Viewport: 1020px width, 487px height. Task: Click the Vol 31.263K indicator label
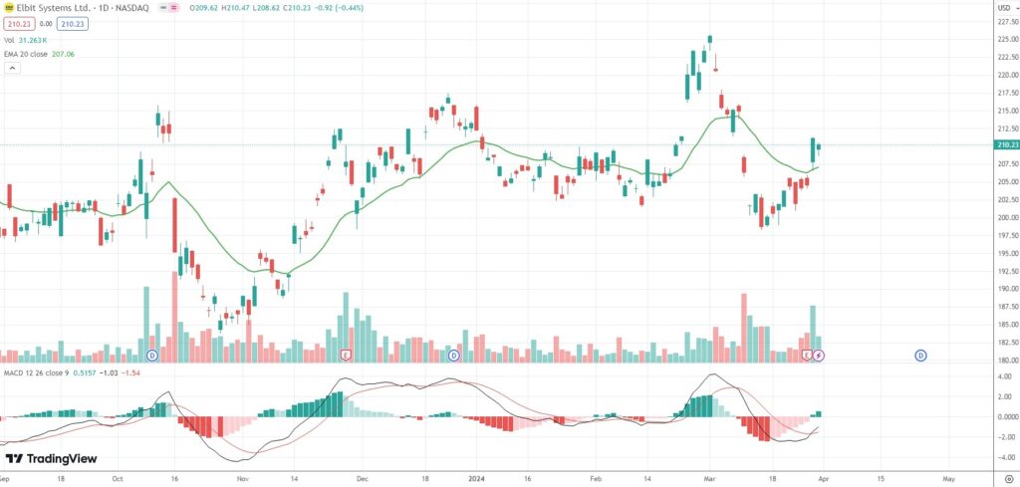coord(33,39)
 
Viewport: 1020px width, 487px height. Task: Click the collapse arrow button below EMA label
coord(13,69)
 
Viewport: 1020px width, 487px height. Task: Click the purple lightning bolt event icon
coord(818,355)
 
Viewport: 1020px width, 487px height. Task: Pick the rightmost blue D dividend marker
coord(920,355)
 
